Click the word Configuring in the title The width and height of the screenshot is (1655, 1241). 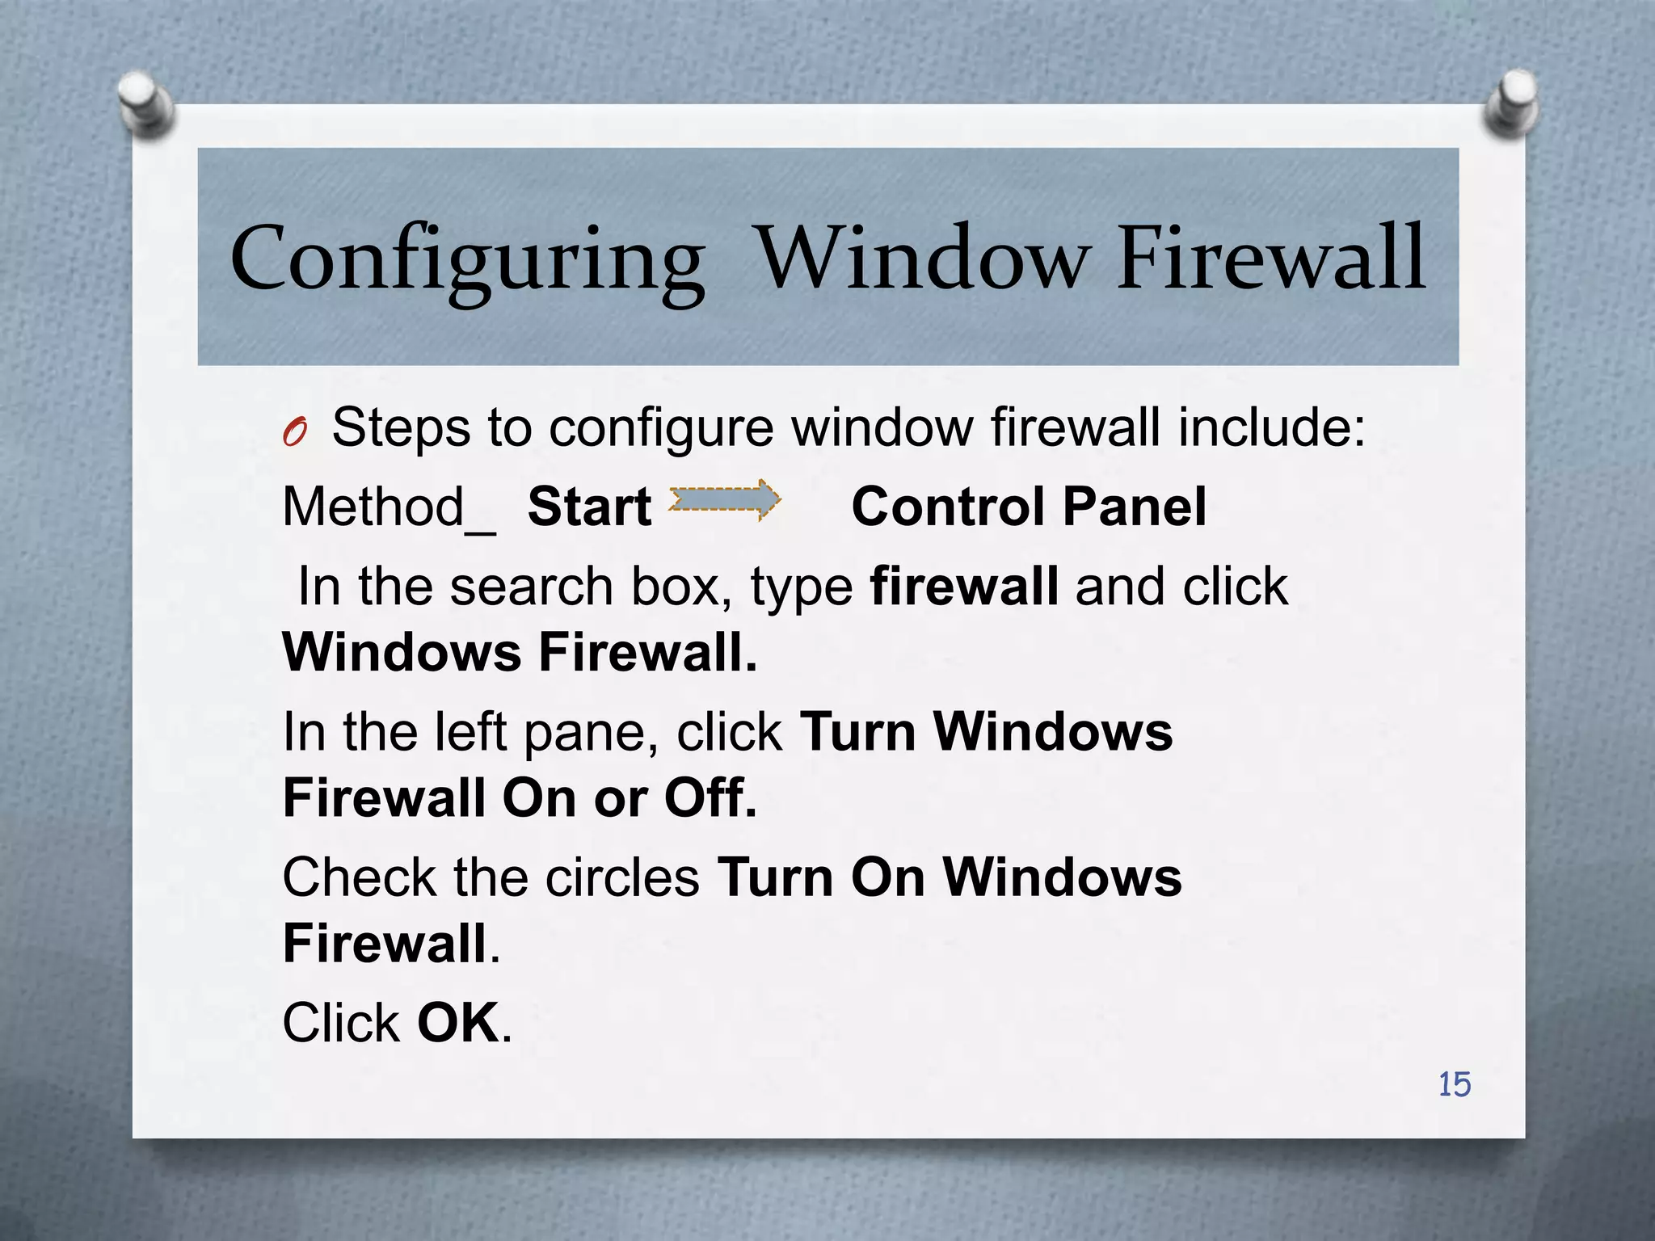(467, 260)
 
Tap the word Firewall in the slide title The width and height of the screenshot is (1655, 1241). (1271, 259)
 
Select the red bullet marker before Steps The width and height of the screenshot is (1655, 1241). (295, 434)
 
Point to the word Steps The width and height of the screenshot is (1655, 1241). (401, 427)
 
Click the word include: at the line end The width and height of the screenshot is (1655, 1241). (1271, 427)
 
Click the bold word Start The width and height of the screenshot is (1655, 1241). (589, 507)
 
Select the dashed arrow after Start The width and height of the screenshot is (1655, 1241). (724, 500)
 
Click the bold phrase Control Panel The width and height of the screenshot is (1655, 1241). (1029, 507)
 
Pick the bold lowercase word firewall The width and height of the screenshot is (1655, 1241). (963, 586)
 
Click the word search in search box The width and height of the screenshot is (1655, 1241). (531, 586)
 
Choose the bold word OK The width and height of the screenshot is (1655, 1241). (458, 1024)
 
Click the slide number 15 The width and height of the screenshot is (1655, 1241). (1454, 1084)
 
